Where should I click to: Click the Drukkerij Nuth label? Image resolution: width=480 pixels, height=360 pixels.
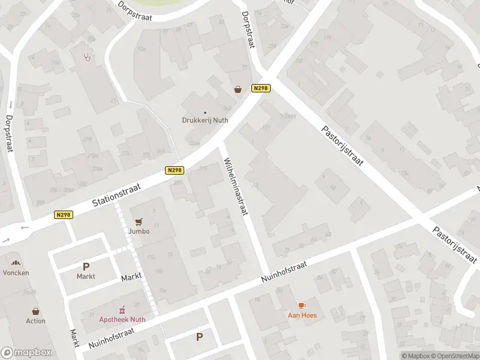tap(205, 119)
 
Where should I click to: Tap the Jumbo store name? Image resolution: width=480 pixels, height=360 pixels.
tap(139, 231)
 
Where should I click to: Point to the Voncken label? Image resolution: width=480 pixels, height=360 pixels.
tap(16, 272)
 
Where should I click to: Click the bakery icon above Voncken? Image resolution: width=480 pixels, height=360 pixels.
tap(16, 263)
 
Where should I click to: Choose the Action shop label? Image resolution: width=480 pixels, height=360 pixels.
tap(35, 321)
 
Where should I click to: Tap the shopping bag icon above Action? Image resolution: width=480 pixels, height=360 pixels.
tap(35, 311)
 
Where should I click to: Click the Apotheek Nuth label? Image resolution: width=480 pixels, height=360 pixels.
tap(122, 319)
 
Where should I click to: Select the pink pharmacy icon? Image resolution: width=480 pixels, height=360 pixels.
tap(122, 310)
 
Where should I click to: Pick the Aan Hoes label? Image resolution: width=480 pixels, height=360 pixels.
tap(302, 315)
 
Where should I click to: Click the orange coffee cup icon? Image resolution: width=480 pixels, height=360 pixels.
tap(302, 305)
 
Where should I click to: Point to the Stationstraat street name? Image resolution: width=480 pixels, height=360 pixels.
tap(116, 196)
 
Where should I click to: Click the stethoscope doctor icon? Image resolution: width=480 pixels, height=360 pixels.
tap(88, 58)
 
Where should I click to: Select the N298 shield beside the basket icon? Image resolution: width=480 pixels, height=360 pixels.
tap(261, 88)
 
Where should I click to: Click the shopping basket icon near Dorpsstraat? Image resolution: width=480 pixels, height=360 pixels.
tap(238, 89)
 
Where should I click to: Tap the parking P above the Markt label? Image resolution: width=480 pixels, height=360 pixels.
tap(86, 266)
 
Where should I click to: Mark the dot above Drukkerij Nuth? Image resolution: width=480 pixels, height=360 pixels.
tap(205, 112)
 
